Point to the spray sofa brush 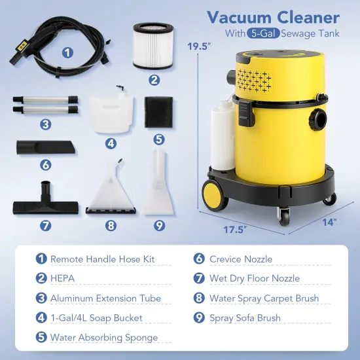pos(157,190)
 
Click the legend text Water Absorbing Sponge pos(104,338)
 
